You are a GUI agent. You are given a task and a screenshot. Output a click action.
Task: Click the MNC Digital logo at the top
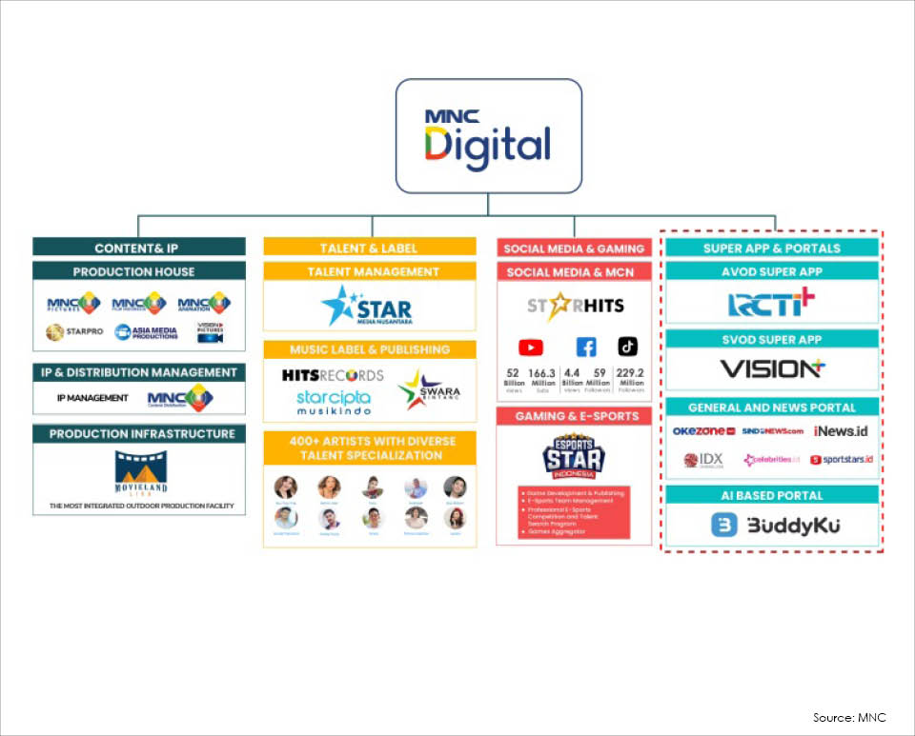point(488,136)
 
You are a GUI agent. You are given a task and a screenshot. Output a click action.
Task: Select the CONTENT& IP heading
point(139,248)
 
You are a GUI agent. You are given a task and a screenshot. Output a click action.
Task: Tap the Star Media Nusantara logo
point(368,306)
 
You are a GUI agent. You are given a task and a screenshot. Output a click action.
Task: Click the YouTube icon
point(530,348)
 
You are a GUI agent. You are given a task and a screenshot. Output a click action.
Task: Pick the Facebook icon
point(585,348)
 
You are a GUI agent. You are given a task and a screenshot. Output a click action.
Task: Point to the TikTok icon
point(628,347)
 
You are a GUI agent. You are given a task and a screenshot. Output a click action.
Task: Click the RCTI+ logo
point(771,304)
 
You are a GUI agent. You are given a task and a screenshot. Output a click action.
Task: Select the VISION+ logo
point(771,368)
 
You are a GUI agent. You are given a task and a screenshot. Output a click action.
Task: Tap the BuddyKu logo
point(773,525)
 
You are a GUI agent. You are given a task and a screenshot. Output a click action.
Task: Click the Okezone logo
point(703,431)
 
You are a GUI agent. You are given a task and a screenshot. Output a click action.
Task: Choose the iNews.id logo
point(841,431)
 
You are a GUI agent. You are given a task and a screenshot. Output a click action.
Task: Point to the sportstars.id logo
point(841,460)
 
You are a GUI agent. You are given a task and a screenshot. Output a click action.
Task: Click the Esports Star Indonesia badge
point(574,459)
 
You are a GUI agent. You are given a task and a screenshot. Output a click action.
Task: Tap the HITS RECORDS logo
point(333,375)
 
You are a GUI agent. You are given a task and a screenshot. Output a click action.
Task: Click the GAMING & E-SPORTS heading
point(574,416)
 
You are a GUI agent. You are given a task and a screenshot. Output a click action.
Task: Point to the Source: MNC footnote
point(848,717)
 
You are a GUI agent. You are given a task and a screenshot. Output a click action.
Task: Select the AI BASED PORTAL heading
point(771,495)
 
